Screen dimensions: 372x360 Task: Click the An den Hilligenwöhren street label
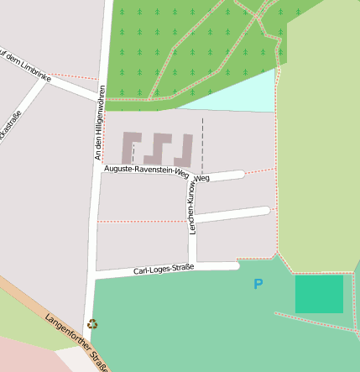click(x=100, y=123)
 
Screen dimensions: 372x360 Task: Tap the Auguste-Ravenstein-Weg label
click(x=147, y=170)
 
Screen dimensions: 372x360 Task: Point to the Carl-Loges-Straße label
click(x=164, y=270)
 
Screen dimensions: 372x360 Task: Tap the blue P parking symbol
click(x=258, y=285)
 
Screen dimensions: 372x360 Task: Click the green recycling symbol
click(x=91, y=323)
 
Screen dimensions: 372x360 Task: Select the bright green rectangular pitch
click(x=319, y=294)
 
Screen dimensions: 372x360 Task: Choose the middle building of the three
click(x=159, y=148)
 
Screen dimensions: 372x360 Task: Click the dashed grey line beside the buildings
click(x=202, y=139)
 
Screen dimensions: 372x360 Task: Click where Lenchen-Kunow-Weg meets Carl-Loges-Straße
click(x=192, y=268)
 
